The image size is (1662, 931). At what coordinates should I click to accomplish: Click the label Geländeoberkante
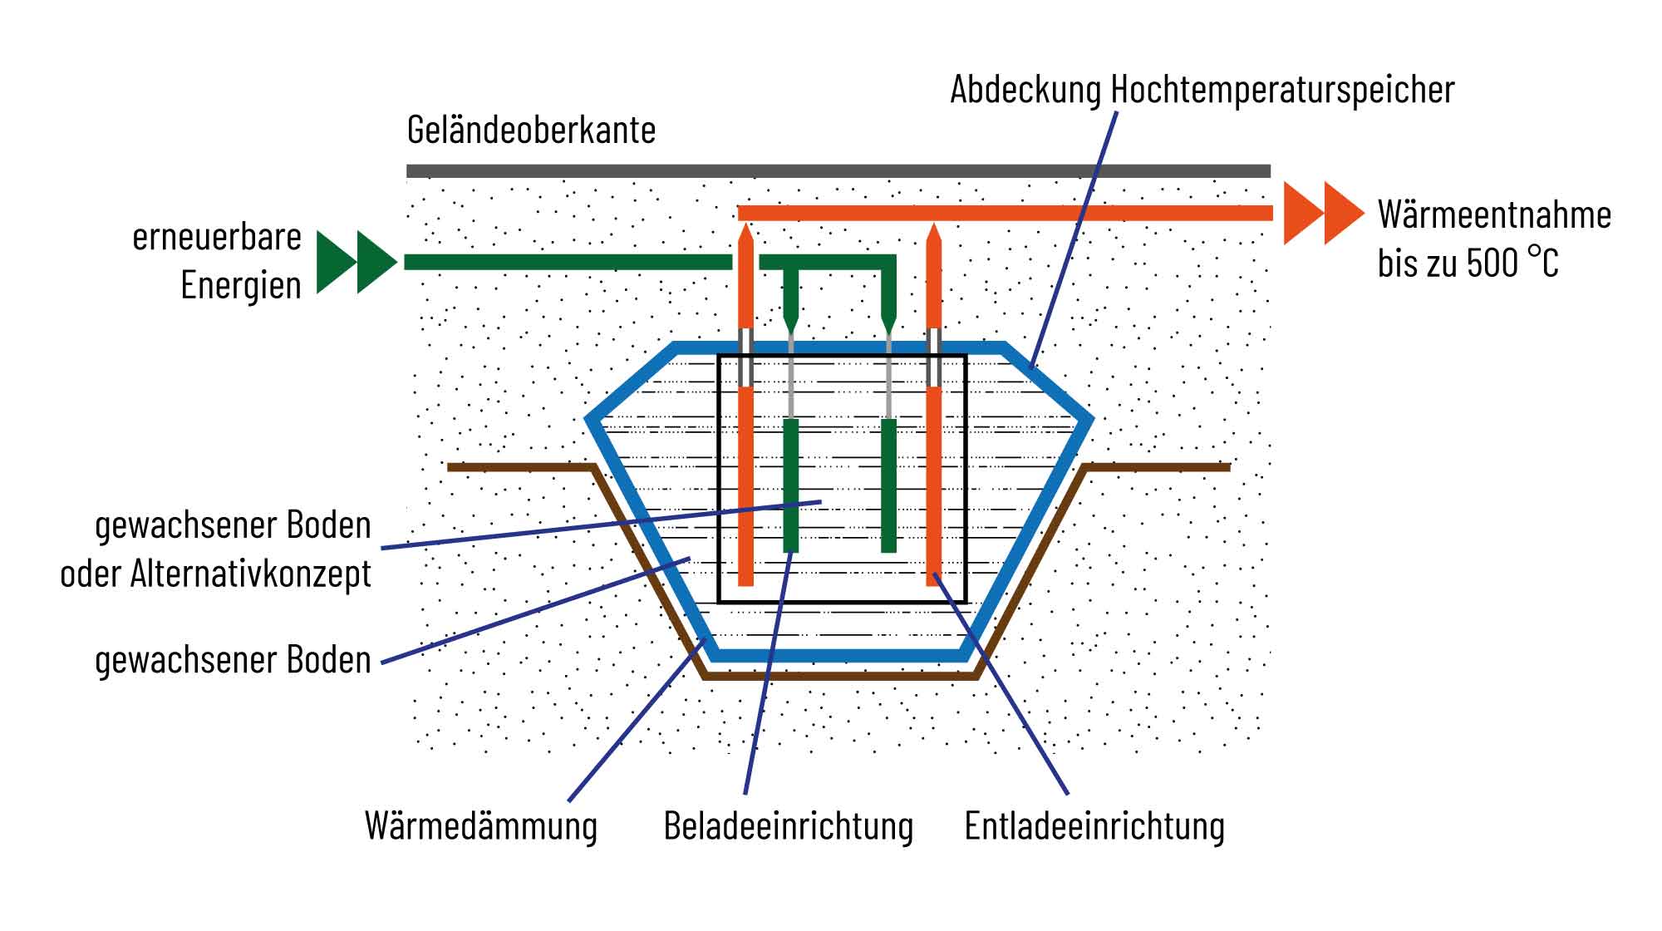click(531, 131)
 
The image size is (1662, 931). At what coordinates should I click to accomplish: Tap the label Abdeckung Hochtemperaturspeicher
click(1202, 90)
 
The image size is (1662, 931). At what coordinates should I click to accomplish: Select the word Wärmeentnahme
click(1494, 214)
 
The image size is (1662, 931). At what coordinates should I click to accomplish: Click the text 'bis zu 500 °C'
click(1468, 263)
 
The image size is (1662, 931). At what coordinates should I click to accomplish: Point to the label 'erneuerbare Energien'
click(218, 261)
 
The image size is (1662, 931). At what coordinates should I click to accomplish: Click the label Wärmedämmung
click(481, 826)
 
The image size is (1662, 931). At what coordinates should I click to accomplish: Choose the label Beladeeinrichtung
click(788, 826)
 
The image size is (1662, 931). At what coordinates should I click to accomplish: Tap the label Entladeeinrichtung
click(1094, 826)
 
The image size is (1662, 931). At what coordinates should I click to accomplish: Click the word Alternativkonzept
click(250, 574)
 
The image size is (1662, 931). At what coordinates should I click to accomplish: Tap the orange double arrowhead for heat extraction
click(1324, 213)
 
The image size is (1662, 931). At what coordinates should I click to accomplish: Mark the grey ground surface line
click(838, 171)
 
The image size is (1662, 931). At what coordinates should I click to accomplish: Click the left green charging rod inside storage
click(790, 485)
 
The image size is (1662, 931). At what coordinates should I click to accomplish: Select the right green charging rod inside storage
click(888, 485)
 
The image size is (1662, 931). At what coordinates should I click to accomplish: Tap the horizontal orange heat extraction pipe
click(1006, 213)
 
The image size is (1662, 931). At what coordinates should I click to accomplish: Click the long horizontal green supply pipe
click(568, 262)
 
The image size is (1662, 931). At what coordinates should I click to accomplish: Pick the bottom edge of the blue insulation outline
click(839, 655)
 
